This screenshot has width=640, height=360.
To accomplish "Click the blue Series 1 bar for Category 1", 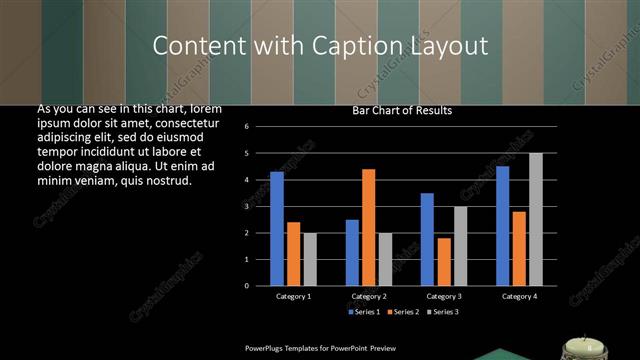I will [x=277, y=229].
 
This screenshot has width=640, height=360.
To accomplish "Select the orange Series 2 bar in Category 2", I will [x=368, y=227].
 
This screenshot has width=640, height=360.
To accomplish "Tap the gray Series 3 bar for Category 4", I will [x=536, y=219].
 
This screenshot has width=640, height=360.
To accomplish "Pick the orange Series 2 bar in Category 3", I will [x=444, y=261].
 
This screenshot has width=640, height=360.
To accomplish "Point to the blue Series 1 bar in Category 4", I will [x=502, y=226].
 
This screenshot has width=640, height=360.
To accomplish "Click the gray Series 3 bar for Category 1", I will [x=310, y=259].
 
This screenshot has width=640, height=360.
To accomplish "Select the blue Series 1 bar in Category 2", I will [x=352, y=252].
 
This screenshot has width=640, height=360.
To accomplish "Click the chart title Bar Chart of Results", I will [x=402, y=110].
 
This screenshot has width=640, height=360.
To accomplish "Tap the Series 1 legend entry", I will [x=364, y=312].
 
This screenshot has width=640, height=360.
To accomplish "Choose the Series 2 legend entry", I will [x=404, y=312].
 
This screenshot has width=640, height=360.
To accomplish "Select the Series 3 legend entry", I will [x=443, y=312].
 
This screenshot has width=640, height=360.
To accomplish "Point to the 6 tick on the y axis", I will [x=260, y=127].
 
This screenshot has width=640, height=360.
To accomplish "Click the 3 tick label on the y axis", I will [x=260, y=206].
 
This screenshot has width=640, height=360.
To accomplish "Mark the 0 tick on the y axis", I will [x=260, y=285].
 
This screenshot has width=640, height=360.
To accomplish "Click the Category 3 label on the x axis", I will [x=444, y=296].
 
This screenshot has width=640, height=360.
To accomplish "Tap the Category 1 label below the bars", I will [x=293, y=296].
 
